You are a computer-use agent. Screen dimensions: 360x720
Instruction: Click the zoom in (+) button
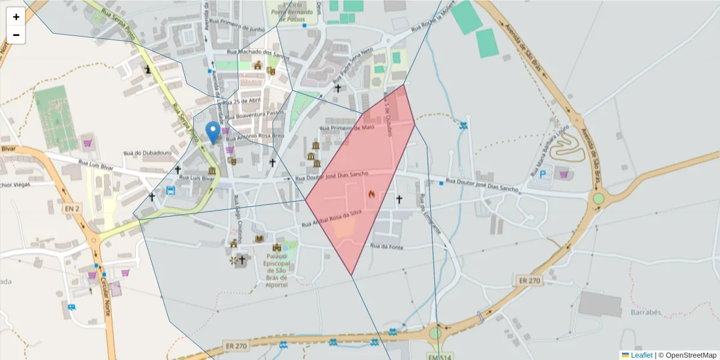16,17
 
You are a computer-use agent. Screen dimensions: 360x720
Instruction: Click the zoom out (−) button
16,35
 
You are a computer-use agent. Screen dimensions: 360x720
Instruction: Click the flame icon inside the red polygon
371,194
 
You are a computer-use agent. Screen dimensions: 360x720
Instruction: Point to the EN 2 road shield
73,208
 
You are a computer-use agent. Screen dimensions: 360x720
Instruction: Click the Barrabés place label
646,313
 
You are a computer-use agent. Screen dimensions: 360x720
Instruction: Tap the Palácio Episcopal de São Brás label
277,270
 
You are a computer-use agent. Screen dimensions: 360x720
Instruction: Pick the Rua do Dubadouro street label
147,153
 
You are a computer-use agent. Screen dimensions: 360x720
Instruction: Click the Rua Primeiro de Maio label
347,128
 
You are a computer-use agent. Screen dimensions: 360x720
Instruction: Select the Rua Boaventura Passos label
251,113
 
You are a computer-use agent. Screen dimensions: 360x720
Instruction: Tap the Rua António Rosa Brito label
253,137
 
